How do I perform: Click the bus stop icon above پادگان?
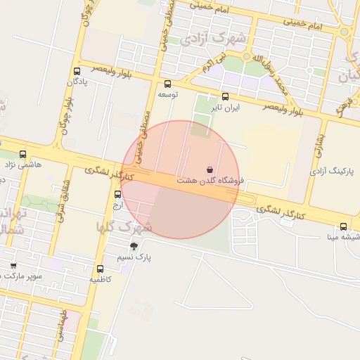pyautogui.click(x=77, y=71)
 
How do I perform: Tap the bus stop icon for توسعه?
pyautogui.click(x=167, y=84)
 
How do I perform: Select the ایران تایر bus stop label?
pyautogui.click(x=227, y=108)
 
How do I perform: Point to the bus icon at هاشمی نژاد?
pyautogui.click(x=23, y=154)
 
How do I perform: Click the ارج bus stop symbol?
pyautogui.click(x=117, y=194)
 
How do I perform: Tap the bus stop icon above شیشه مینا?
pyautogui.click(x=343, y=226)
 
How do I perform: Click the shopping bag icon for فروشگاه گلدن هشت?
pyautogui.click(x=210, y=169)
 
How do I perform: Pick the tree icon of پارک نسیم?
pyautogui.click(x=134, y=245)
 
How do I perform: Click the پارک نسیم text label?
pyautogui.click(x=155, y=257)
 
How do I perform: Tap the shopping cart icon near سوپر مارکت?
pyautogui.click(x=13, y=265)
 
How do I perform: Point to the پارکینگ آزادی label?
pyautogui.click(x=332, y=171)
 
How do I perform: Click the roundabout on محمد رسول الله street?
pyautogui.click(x=246, y=57)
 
